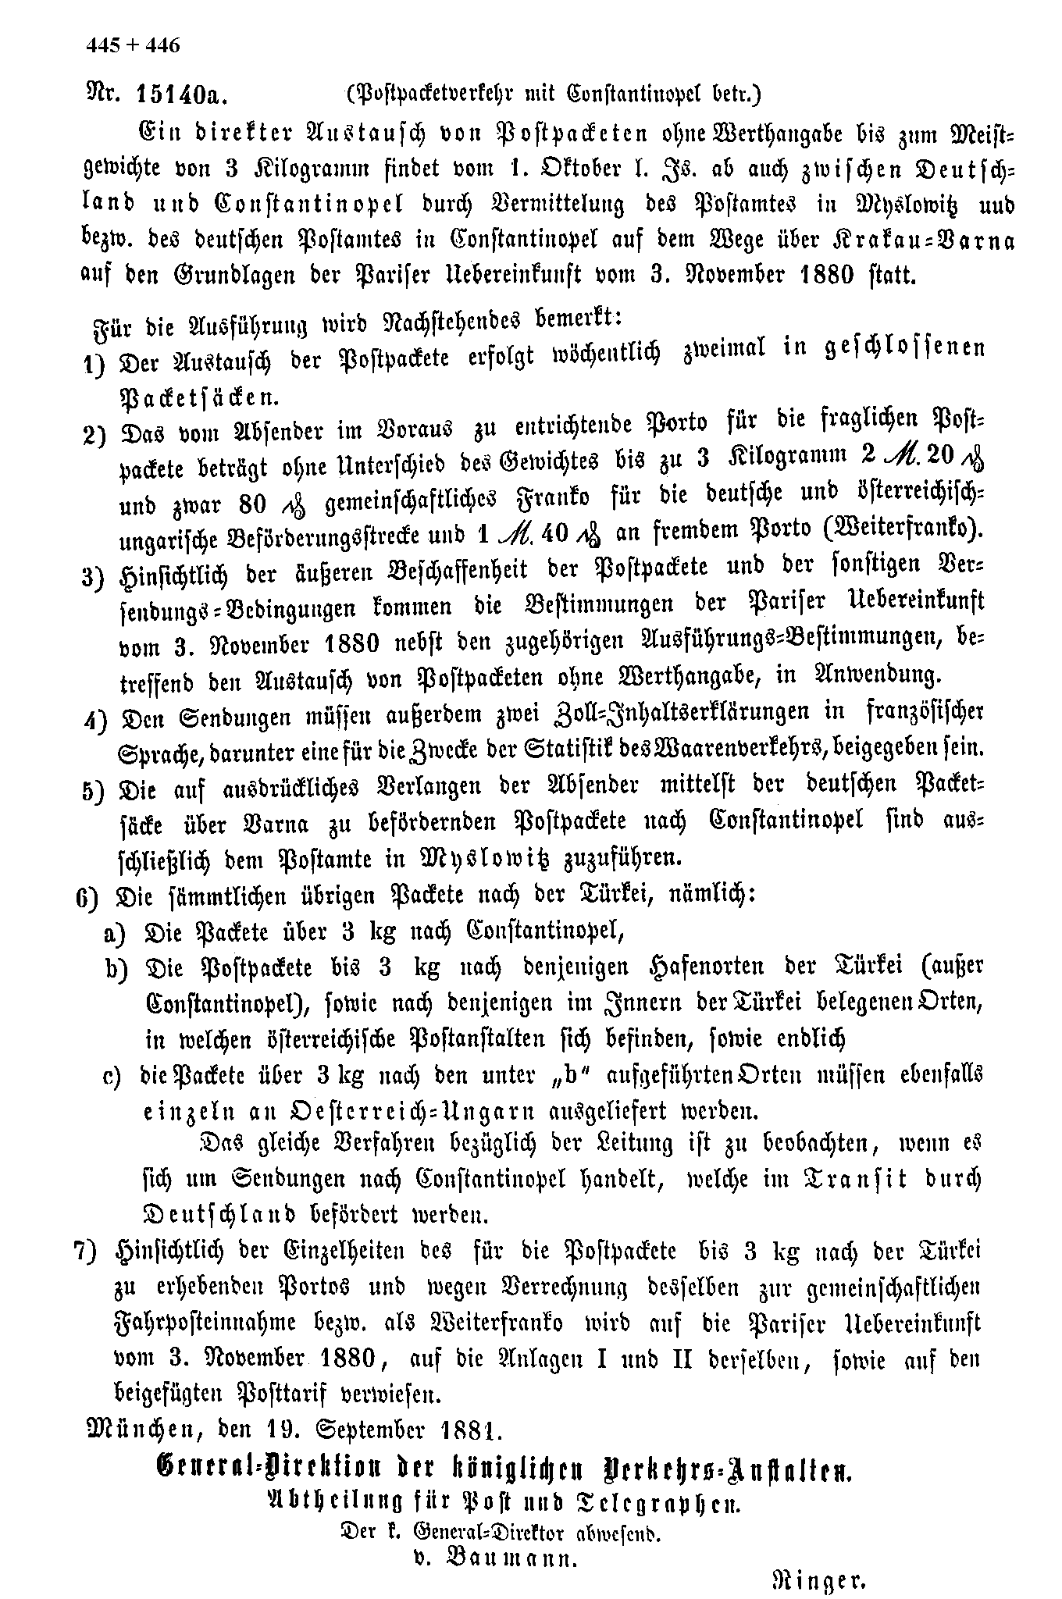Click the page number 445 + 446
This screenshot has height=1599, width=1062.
point(133,45)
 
